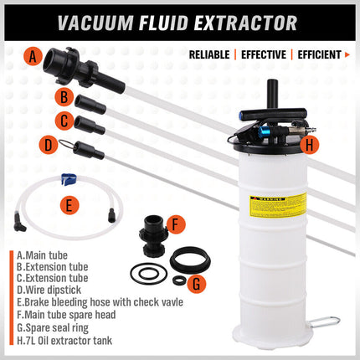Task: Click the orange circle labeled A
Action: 33,57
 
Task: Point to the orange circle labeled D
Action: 49,144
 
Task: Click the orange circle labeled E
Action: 70,203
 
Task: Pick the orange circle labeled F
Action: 175,224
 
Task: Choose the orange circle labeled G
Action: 195,283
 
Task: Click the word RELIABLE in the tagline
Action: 211,55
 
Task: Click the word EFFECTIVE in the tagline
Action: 263,55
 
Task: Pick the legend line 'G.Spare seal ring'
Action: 55,327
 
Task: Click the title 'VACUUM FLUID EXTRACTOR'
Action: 180,20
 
